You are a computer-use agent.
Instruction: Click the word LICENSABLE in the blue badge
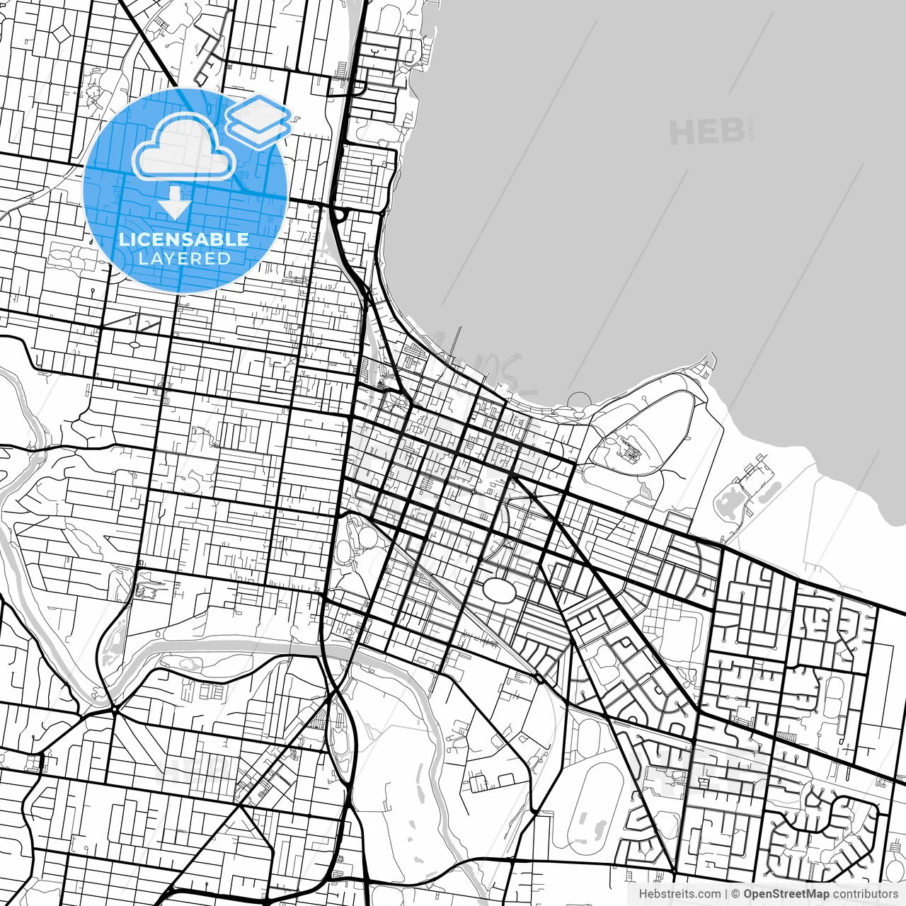point(184,239)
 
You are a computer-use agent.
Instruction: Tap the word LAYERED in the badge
point(184,258)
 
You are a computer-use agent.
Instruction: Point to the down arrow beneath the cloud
point(174,202)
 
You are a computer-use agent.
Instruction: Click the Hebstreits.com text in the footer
point(679,894)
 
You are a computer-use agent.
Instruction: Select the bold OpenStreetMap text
point(786,894)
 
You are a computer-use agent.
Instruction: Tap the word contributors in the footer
point(865,894)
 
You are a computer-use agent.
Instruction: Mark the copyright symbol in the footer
point(735,894)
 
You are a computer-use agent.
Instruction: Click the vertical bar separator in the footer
point(727,894)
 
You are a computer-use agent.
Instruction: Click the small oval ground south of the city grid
point(498,590)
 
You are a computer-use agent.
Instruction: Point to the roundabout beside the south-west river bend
point(114,707)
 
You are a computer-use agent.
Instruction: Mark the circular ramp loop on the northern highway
point(340,215)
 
